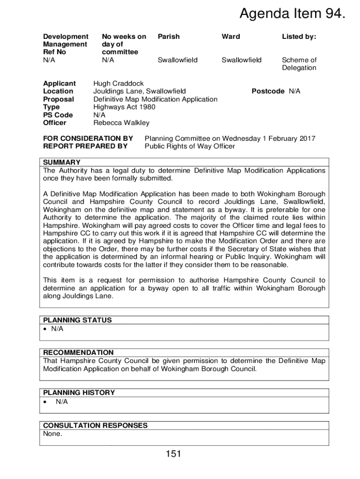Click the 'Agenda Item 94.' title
293,15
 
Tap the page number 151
173,453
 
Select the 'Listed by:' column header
299,36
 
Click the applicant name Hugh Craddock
119,83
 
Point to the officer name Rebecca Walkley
122,123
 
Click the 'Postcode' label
268,91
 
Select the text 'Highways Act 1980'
124,107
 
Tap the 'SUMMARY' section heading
62,162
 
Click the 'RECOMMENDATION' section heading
78,352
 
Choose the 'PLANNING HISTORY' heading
79,392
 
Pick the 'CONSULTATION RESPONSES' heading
95,425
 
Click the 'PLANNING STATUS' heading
77,320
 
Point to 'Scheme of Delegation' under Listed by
299,64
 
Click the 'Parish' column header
168,36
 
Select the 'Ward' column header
231,36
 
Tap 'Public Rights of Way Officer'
190,146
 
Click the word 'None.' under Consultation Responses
52,434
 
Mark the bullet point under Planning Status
45,329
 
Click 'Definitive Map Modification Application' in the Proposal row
155,99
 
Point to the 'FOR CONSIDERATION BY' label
88,138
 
